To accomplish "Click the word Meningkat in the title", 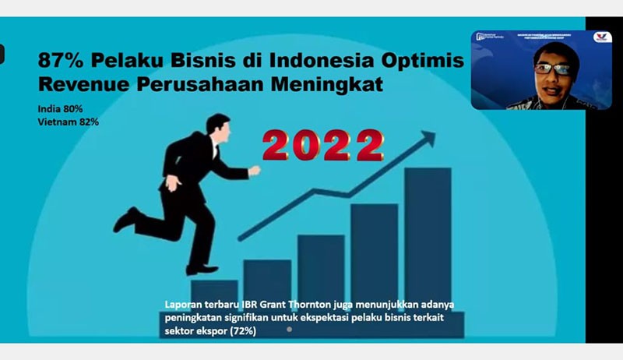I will tap(327, 83).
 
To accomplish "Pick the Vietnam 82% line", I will tap(67, 122).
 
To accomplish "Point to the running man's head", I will tap(217, 125).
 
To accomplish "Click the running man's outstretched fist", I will tap(254, 169).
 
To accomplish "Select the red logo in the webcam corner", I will tap(602, 37).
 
